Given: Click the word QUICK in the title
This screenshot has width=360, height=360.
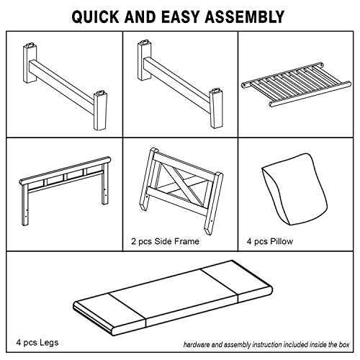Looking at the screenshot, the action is (x=96, y=17).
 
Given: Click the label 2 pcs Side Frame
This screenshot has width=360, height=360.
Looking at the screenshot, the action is (x=165, y=241).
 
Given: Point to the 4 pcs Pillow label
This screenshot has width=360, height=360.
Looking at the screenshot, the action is (x=270, y=241).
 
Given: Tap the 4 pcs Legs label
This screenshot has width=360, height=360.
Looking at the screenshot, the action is (x=37, y=342).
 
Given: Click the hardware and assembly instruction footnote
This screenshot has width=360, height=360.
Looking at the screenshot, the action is (x=266, y=345).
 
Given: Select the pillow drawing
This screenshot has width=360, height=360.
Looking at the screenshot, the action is (x=294, y=189).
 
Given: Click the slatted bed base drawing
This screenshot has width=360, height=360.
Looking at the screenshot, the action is (x=296, y=84).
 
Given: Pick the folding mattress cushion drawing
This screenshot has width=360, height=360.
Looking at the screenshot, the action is (x=173, y=297).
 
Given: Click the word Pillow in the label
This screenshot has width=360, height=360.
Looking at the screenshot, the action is (x=282, y=241).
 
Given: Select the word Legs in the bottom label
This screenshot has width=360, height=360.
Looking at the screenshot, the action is (x=49, y=342).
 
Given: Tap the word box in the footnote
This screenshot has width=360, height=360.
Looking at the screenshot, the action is (x=344, y=345).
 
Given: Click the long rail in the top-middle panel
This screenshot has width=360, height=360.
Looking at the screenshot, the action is (x=177, y=79).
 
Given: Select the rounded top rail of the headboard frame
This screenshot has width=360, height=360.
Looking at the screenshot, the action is (x=65, y=171).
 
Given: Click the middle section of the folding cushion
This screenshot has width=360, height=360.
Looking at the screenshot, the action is (x=174, y=297).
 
